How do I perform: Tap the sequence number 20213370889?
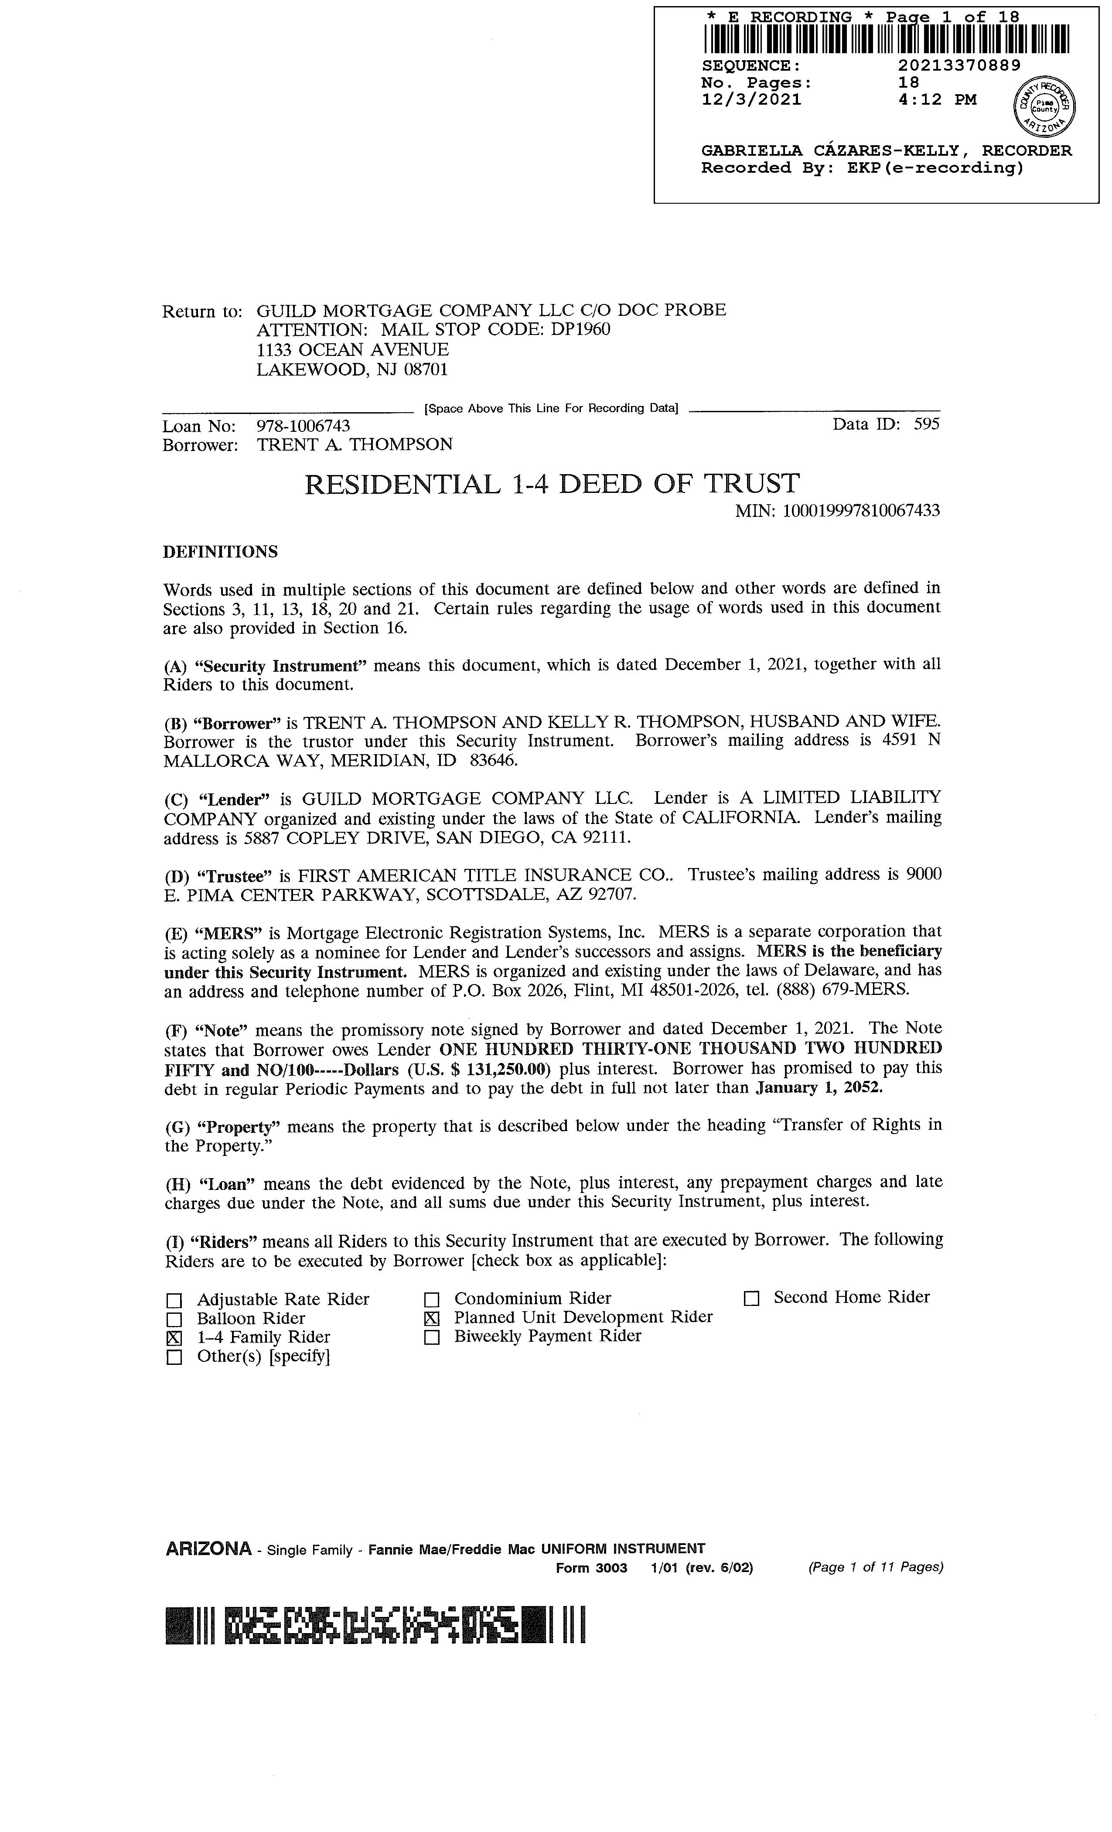tap(959, 65)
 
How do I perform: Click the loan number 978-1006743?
tap(303, 426)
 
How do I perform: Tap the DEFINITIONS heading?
tap(220, 552)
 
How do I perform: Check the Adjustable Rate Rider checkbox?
tap(174, 1300)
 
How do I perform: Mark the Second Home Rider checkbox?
tap(751, 1299)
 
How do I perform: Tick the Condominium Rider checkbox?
tap(432, 1300)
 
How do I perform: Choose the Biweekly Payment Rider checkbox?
tap(432, 1337)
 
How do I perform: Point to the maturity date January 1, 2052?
tap(819, 1088)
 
